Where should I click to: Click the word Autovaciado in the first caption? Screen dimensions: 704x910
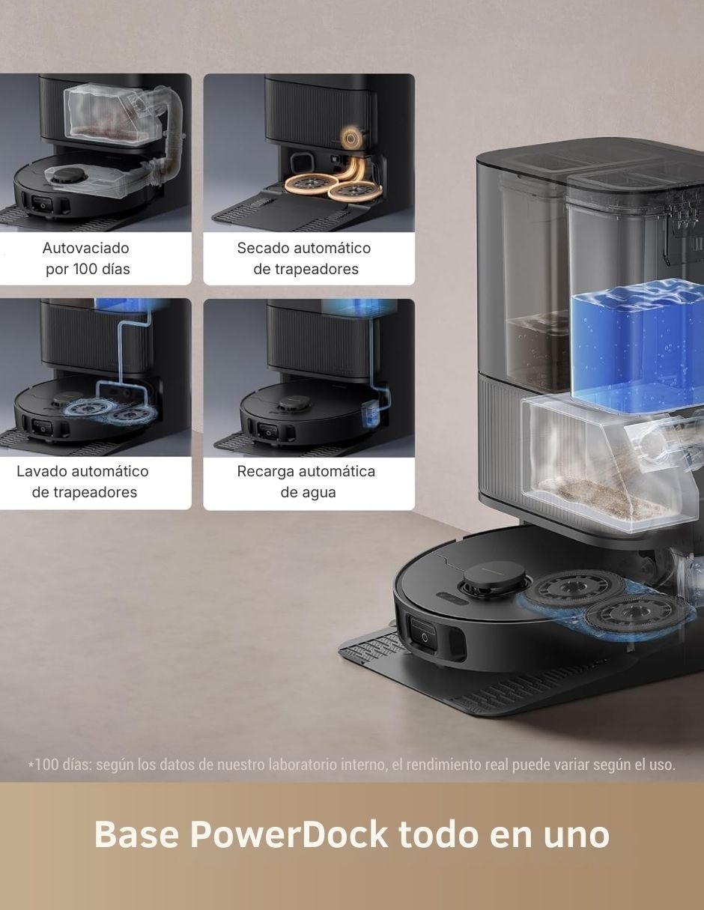tap(86, 248)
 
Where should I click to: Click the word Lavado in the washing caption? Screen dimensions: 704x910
tap(42, 471)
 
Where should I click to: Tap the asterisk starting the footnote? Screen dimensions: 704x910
tap(31, 763)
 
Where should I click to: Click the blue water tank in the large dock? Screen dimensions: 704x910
tap(636, 348)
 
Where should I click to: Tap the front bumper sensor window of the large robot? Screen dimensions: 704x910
tap(423, 635)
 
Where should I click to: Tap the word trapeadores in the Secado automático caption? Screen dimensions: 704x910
tap(306, 269)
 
